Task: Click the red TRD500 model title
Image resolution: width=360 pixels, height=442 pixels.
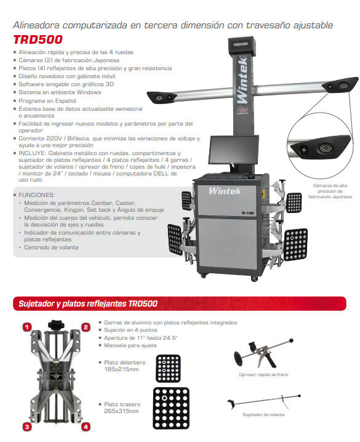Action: point(38,39)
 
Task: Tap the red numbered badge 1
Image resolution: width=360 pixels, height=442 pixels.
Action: point(26,327)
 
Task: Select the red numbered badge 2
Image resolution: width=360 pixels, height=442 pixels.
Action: point(86,327)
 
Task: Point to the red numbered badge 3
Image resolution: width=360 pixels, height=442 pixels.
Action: point(26,427)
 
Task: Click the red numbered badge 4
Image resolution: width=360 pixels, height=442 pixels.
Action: point(86,427)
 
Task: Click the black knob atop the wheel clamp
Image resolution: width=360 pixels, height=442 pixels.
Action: point(56,325)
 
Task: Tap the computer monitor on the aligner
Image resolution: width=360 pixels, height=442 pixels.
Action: point(233,150)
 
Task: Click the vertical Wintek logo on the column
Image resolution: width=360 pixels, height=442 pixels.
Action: point(242,80)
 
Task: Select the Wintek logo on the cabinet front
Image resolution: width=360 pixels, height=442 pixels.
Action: point(225,191)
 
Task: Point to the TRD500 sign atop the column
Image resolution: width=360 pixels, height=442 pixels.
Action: point(240,44)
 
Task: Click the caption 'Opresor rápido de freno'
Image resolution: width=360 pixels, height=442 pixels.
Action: point(263,375)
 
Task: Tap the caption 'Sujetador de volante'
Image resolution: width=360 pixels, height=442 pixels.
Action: point(263,415)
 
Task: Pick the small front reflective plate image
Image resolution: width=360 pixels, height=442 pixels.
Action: point(168,368)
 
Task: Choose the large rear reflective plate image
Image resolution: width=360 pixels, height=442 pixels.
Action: point(171,408)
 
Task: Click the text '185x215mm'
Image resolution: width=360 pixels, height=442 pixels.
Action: point(121,369)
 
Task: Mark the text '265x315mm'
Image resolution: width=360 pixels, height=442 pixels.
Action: point(121,411)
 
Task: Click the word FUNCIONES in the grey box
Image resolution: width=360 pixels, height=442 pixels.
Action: point(37,195)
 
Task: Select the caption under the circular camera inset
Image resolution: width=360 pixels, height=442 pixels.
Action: point(330,191)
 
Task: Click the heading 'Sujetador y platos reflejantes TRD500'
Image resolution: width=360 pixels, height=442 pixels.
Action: point(88,303)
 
